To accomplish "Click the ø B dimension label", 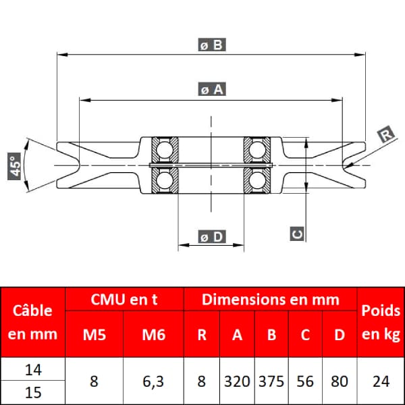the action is pyautogui.click(x=212, y=45).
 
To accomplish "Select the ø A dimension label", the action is pyautogui.click(x=212, y=89).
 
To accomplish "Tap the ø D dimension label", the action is pyautogui.click(x=212, y=237).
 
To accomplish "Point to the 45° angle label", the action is pyautogui.click(x=14, y=166).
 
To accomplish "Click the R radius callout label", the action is pyautogui.click(x=385, y=134).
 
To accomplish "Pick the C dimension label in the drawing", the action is pyautogui.click(x=297, y=234).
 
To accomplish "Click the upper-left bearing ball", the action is pyautogui.click(x=165, y=150).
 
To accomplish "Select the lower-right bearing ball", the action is pyautogui.click(x=257, y=180).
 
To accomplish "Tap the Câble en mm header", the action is pyautogui.click(x=32, y=322).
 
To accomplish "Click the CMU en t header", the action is pyautogui.click(x=124, y=300).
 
